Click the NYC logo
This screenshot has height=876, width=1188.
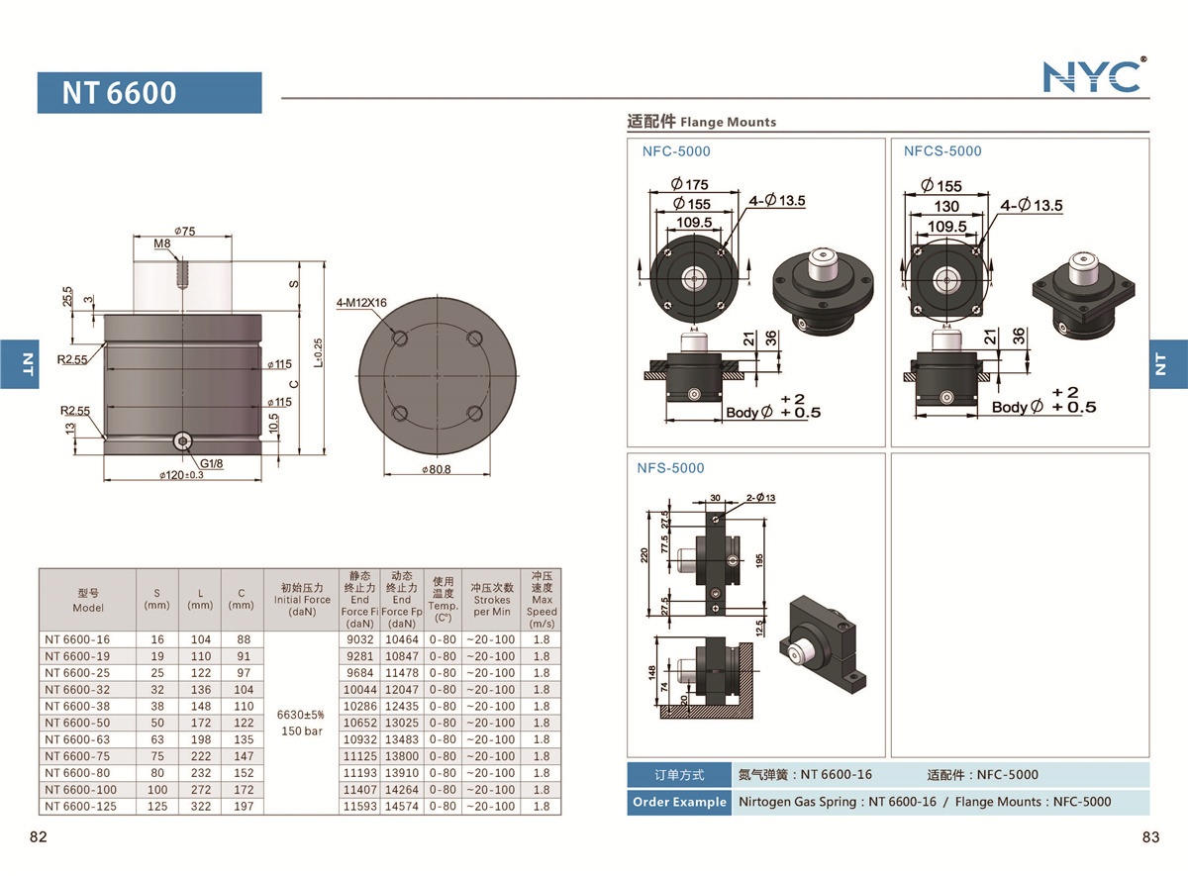click(1094, 75)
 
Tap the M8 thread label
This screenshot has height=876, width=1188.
click(162, 243)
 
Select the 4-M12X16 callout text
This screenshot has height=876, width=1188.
click(360, 303)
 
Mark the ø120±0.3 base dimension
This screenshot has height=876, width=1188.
click(181, 476)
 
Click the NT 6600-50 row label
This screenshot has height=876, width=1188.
click(74, 723)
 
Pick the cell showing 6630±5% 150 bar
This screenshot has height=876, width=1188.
click(302, 722)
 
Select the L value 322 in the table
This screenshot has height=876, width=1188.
click(200, 807)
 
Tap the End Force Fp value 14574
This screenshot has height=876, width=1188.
click(402, 807)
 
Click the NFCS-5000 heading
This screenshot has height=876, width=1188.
click(941, 151)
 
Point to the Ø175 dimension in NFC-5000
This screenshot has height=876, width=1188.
click(689, 184)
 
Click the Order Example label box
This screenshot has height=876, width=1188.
click(679, 802)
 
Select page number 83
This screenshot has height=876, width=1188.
click(1149, 837)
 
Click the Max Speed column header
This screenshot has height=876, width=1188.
click(542, 600)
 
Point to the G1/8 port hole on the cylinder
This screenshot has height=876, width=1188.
click(182, 441)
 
